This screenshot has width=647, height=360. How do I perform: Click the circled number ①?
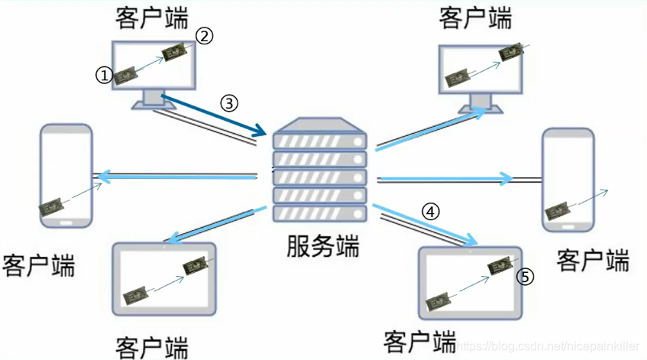(x=103, y=74)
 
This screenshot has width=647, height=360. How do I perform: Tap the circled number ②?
(x=204, y=34)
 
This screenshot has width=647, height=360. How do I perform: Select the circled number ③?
(x=230, y=102)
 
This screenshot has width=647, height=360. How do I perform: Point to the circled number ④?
(x=432, y=212)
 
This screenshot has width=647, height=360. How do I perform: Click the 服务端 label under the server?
(x=322, y=245)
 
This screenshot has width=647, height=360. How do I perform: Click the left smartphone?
(x=66, y=175)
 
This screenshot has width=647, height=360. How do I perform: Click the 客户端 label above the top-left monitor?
(x=152, y=16)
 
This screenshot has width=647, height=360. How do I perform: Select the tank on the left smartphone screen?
(x=53, y=205)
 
